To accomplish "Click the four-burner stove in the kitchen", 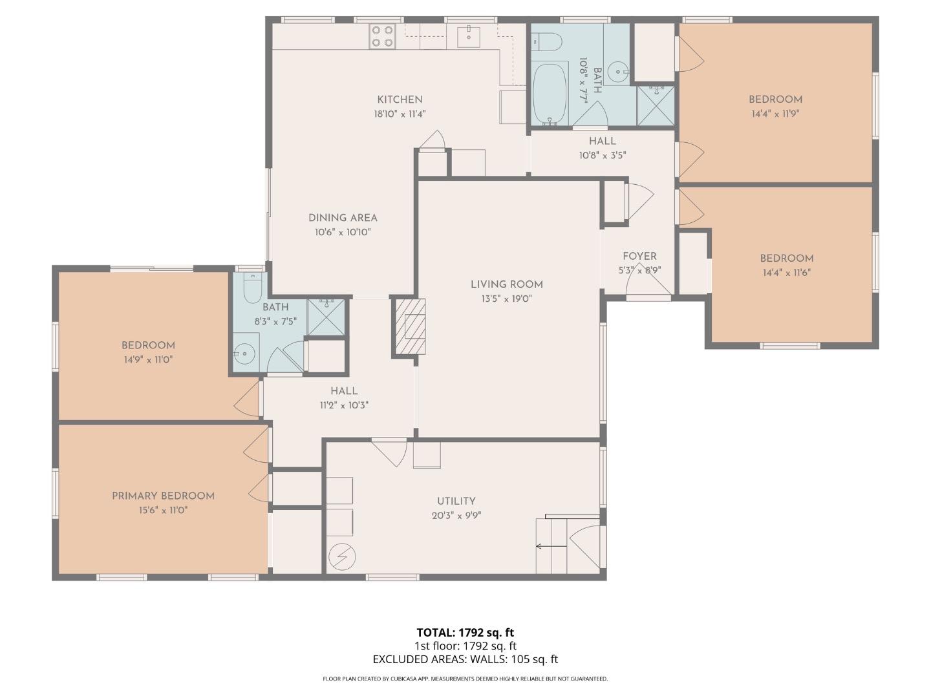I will (381, 36).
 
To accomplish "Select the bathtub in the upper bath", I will (550, 94).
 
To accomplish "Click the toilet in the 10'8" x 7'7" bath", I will (547, 43).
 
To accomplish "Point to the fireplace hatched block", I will (410, 327).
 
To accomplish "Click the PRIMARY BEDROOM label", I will (163, 496).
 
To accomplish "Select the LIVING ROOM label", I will (506, 284).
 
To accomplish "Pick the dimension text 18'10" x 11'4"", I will (400, 114).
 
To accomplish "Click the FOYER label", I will (639, 257).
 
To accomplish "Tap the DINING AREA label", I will (343, 218).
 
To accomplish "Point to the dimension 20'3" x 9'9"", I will (456, 516).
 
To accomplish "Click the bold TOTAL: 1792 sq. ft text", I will (465, 632).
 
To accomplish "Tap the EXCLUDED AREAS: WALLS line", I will (465, 659).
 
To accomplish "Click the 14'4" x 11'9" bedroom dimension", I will (775, 114).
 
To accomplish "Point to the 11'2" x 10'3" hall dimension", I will (344, 405).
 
